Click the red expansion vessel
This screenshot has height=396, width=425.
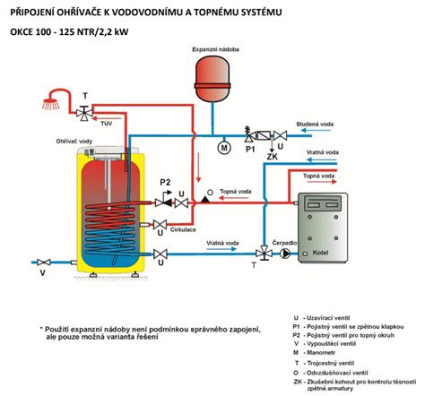click(213, 73)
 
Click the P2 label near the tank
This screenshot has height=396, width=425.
click(165, 182)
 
